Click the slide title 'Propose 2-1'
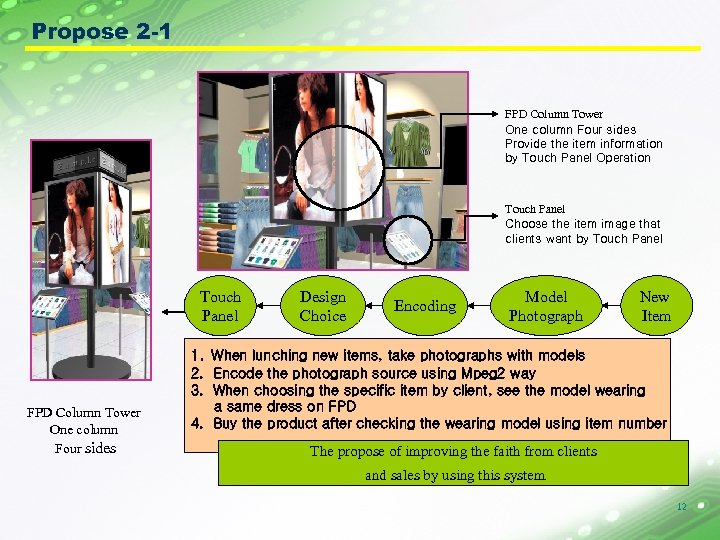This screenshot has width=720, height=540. coord(101,32)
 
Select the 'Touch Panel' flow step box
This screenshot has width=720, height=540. coord(220,306)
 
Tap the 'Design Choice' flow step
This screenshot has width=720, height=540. coord(322,306)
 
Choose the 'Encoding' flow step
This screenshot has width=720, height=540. coord(425,306)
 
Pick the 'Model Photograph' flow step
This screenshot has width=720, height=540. coord(545,306)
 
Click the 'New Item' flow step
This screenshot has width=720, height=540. coord(655,306)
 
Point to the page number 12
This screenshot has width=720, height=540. coord(681,507)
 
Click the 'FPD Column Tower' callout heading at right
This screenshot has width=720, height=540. coord(553,115)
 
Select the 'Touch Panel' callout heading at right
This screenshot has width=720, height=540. coord(534,209)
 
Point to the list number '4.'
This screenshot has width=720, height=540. coord(197,423)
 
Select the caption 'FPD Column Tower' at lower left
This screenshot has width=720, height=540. coord(83,413)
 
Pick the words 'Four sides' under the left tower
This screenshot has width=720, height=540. coord(85,448)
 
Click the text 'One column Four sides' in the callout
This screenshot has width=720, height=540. coord(570,130)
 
